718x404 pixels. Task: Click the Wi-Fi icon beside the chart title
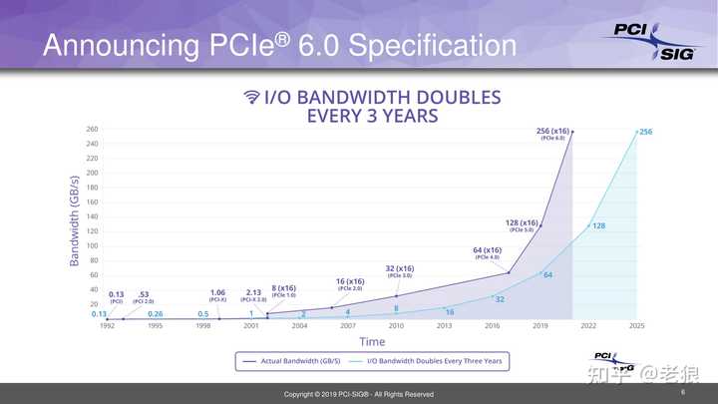[252, 97]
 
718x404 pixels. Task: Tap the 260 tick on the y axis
[92, 129]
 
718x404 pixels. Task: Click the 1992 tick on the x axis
[107, 325]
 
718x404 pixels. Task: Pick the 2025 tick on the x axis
[636, 325]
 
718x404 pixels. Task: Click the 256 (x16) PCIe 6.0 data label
[554, 133]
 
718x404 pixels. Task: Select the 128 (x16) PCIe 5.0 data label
[523, 225]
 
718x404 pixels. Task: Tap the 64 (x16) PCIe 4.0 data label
[488, 252]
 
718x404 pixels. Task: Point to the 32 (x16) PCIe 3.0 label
[400, 270]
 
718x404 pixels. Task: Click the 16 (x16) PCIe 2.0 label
[350, 284]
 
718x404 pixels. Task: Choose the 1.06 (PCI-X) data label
[217, 295]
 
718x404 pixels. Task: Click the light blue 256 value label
[645, 132]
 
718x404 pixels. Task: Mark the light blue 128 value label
[599, 226]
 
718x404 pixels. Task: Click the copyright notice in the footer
[358, 395]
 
